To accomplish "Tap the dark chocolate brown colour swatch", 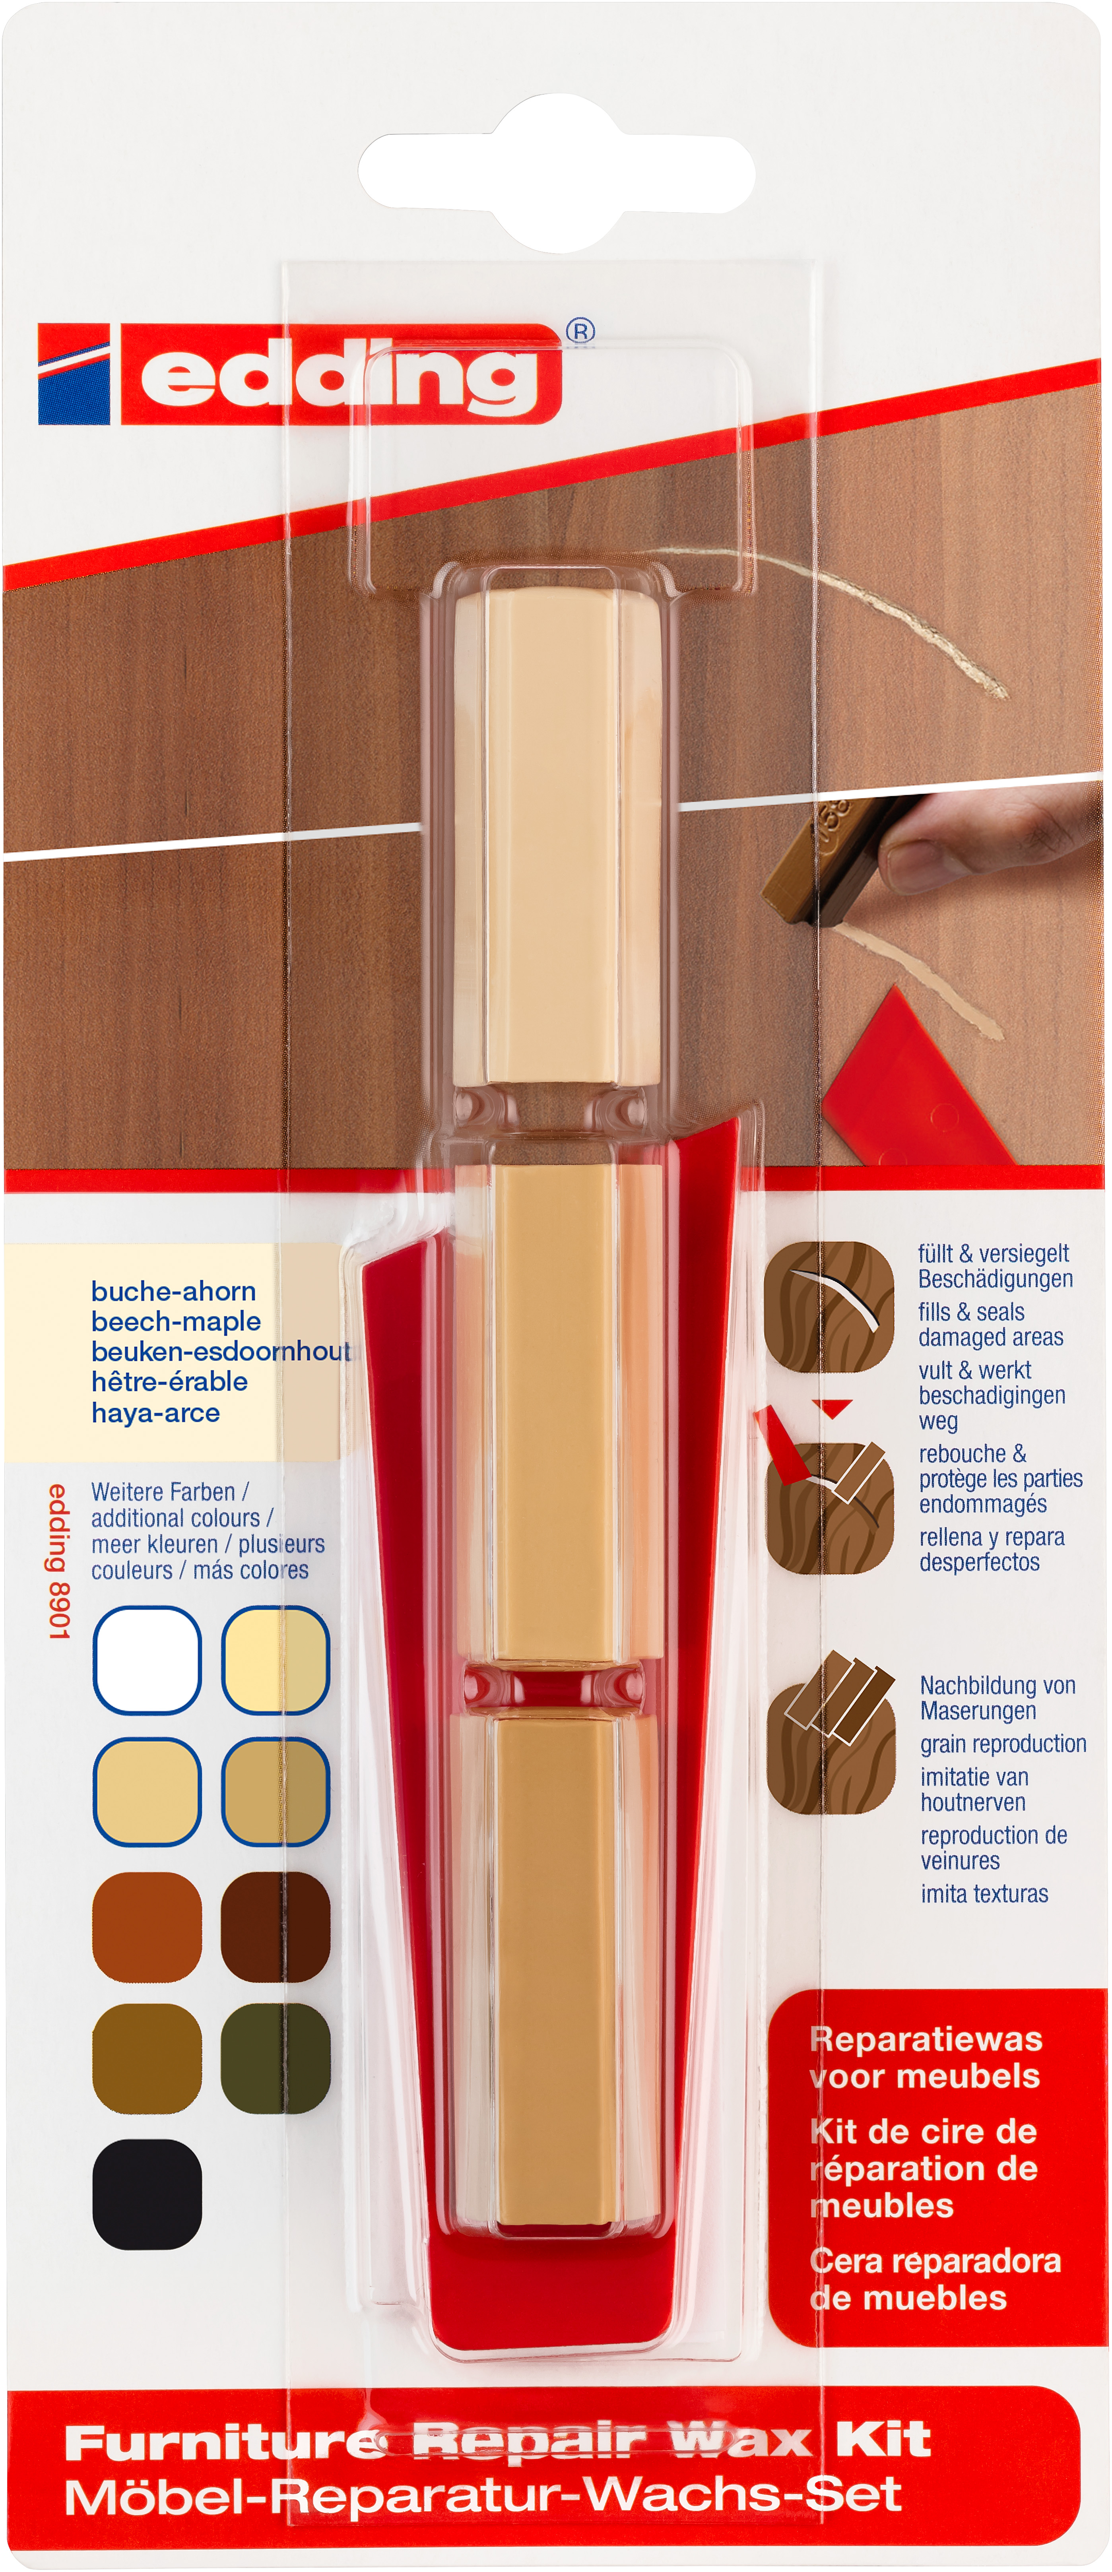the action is click(x=276, y=1926).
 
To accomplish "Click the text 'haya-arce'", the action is click(x=156, y=1413).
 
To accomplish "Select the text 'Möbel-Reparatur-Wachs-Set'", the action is click(x=483, y=2495).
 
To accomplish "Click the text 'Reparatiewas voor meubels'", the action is click(x=925, y=2057).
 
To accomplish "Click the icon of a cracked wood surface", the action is click(x=829, y=1306).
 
